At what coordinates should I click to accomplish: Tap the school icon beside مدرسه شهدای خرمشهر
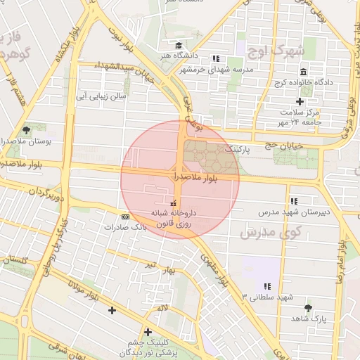[x=215, y=58]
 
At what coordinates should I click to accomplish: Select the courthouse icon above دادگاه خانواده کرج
[x=303, y=72]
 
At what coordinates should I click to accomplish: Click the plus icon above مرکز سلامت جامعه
[x=300, y=102]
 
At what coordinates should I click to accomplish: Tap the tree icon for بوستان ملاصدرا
[x=27, y=130]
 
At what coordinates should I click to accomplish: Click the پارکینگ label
[x=236, y=150]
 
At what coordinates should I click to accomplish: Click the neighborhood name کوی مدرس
[x=270, y=232]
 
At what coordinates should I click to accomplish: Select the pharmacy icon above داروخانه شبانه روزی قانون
[x=174, y=202]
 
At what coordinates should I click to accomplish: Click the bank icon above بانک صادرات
[x=125, y=217]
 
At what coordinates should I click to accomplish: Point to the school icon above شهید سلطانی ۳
[x=267, y=286]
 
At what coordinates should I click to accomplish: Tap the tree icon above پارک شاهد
[x=308, y=308]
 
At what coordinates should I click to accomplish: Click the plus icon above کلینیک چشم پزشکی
[x=148, y=332]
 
